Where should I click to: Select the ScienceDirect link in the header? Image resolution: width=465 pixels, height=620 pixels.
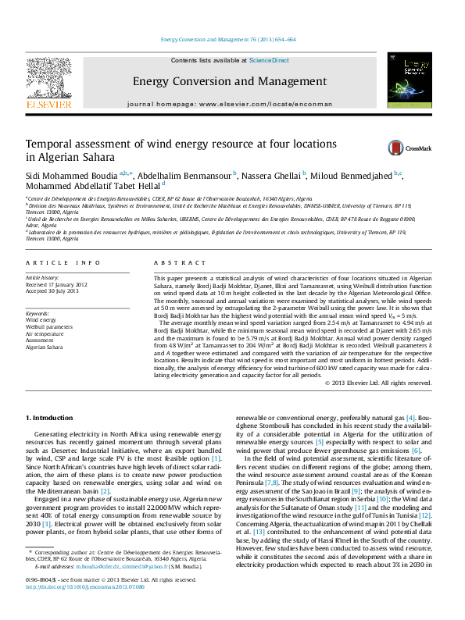tap(270, 60)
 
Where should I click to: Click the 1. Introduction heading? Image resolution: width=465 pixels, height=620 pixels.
tap(52, 419)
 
